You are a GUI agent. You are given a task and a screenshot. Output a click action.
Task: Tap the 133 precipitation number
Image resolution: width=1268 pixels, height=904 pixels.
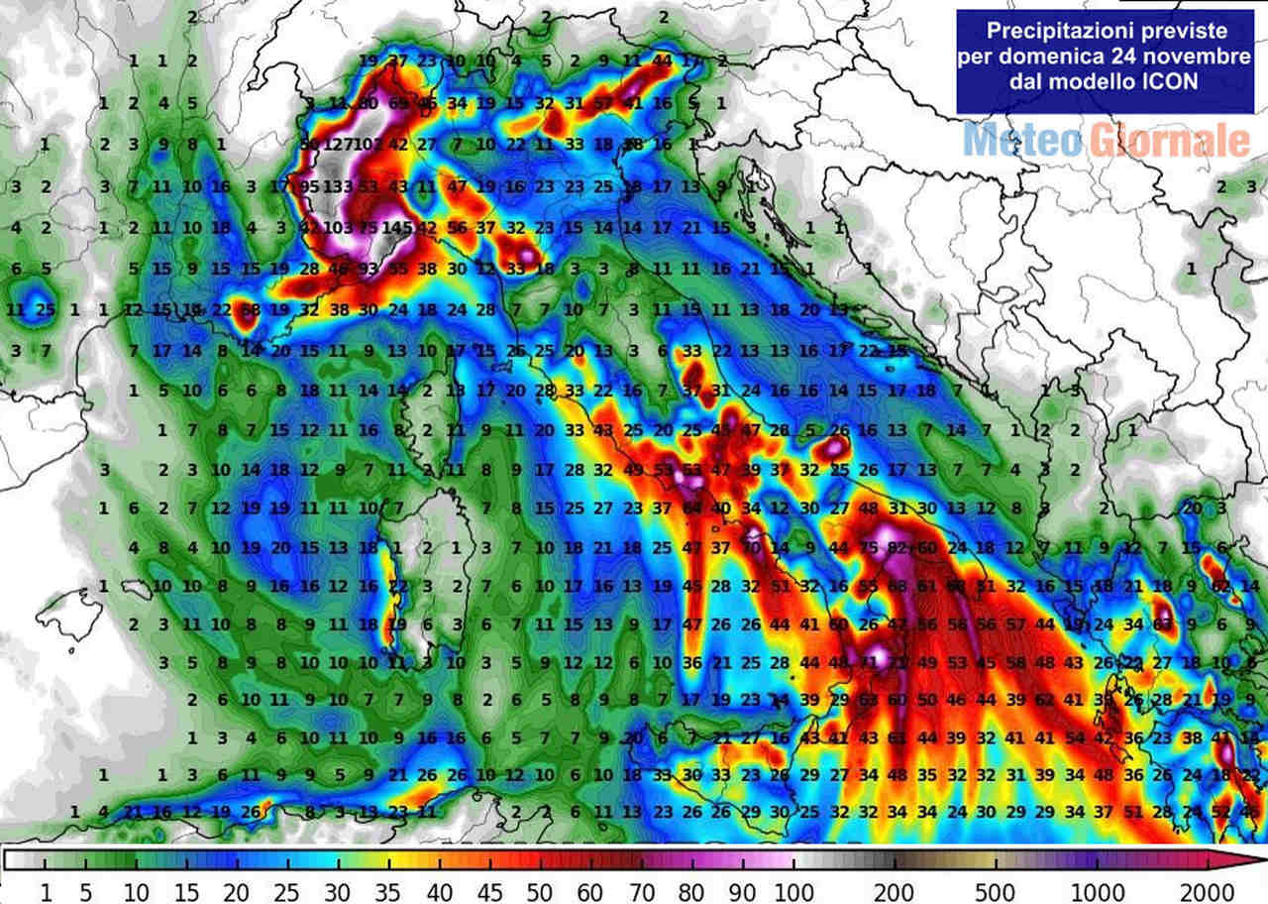[338, 186]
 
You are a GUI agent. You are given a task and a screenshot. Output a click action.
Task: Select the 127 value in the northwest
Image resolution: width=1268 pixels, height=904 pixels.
[340, 144]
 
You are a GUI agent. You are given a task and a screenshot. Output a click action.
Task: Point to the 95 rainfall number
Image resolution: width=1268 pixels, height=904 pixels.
[310, 186]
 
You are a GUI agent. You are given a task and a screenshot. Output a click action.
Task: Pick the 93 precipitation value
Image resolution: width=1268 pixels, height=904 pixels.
[369, 269]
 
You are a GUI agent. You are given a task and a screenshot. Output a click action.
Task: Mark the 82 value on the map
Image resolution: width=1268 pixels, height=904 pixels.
[898, 548]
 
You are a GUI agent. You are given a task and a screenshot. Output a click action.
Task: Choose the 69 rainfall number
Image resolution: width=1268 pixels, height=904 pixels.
[399, 103]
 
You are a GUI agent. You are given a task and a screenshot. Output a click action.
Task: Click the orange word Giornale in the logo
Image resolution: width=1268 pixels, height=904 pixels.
[1171, 141]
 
